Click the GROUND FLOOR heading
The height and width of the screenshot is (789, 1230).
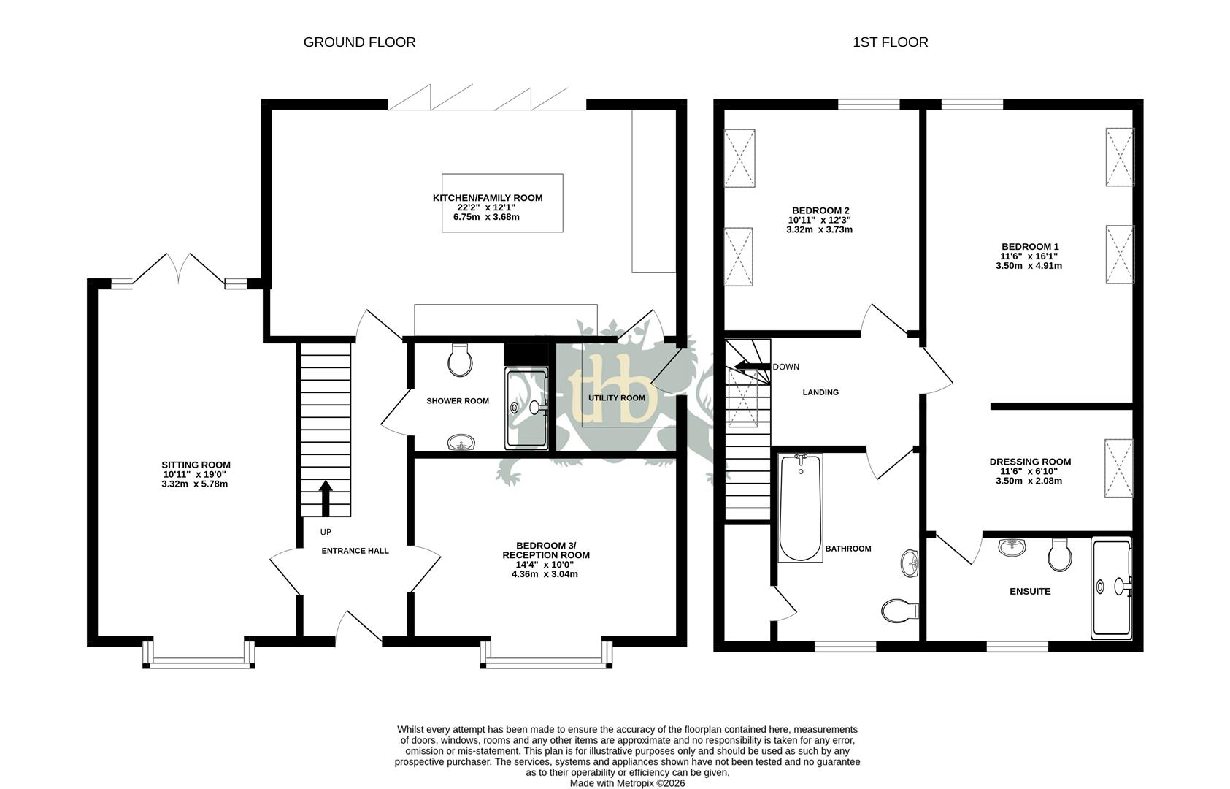tap(359, 42)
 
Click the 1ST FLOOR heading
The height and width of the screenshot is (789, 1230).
tap(890, 42)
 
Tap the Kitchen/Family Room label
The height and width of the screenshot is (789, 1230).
tap(487, 198)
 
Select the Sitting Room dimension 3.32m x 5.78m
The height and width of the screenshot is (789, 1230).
tap(195, 484)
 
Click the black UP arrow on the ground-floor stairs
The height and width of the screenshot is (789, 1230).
tap(326, 498)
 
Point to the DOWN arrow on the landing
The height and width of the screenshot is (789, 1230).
tap(752, 367)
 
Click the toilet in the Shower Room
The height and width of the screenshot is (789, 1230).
tap(460, 360)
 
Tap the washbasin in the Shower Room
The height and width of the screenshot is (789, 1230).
tap(461, 441)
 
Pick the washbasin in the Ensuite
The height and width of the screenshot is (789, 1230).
tap(1011, 547)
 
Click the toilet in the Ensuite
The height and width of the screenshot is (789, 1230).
tap(1059, 556)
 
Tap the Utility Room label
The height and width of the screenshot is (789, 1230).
tap(617, 398)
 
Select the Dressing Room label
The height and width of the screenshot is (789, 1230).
tap(1029, 462)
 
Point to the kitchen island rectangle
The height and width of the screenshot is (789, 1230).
tap(502, 203)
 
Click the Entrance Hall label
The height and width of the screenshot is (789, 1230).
tap(355, 551)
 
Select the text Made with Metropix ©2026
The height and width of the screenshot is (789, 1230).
tap(627, 782)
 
